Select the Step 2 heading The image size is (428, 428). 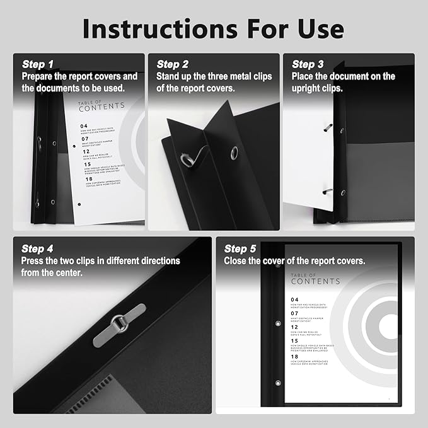[x=172, y=64]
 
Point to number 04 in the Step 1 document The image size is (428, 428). [x=84, y=126]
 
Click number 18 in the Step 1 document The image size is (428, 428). [x=84, y=180]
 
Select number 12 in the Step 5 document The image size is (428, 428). [x=294, y=328]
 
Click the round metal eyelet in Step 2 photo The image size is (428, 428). [x=234, y=152]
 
